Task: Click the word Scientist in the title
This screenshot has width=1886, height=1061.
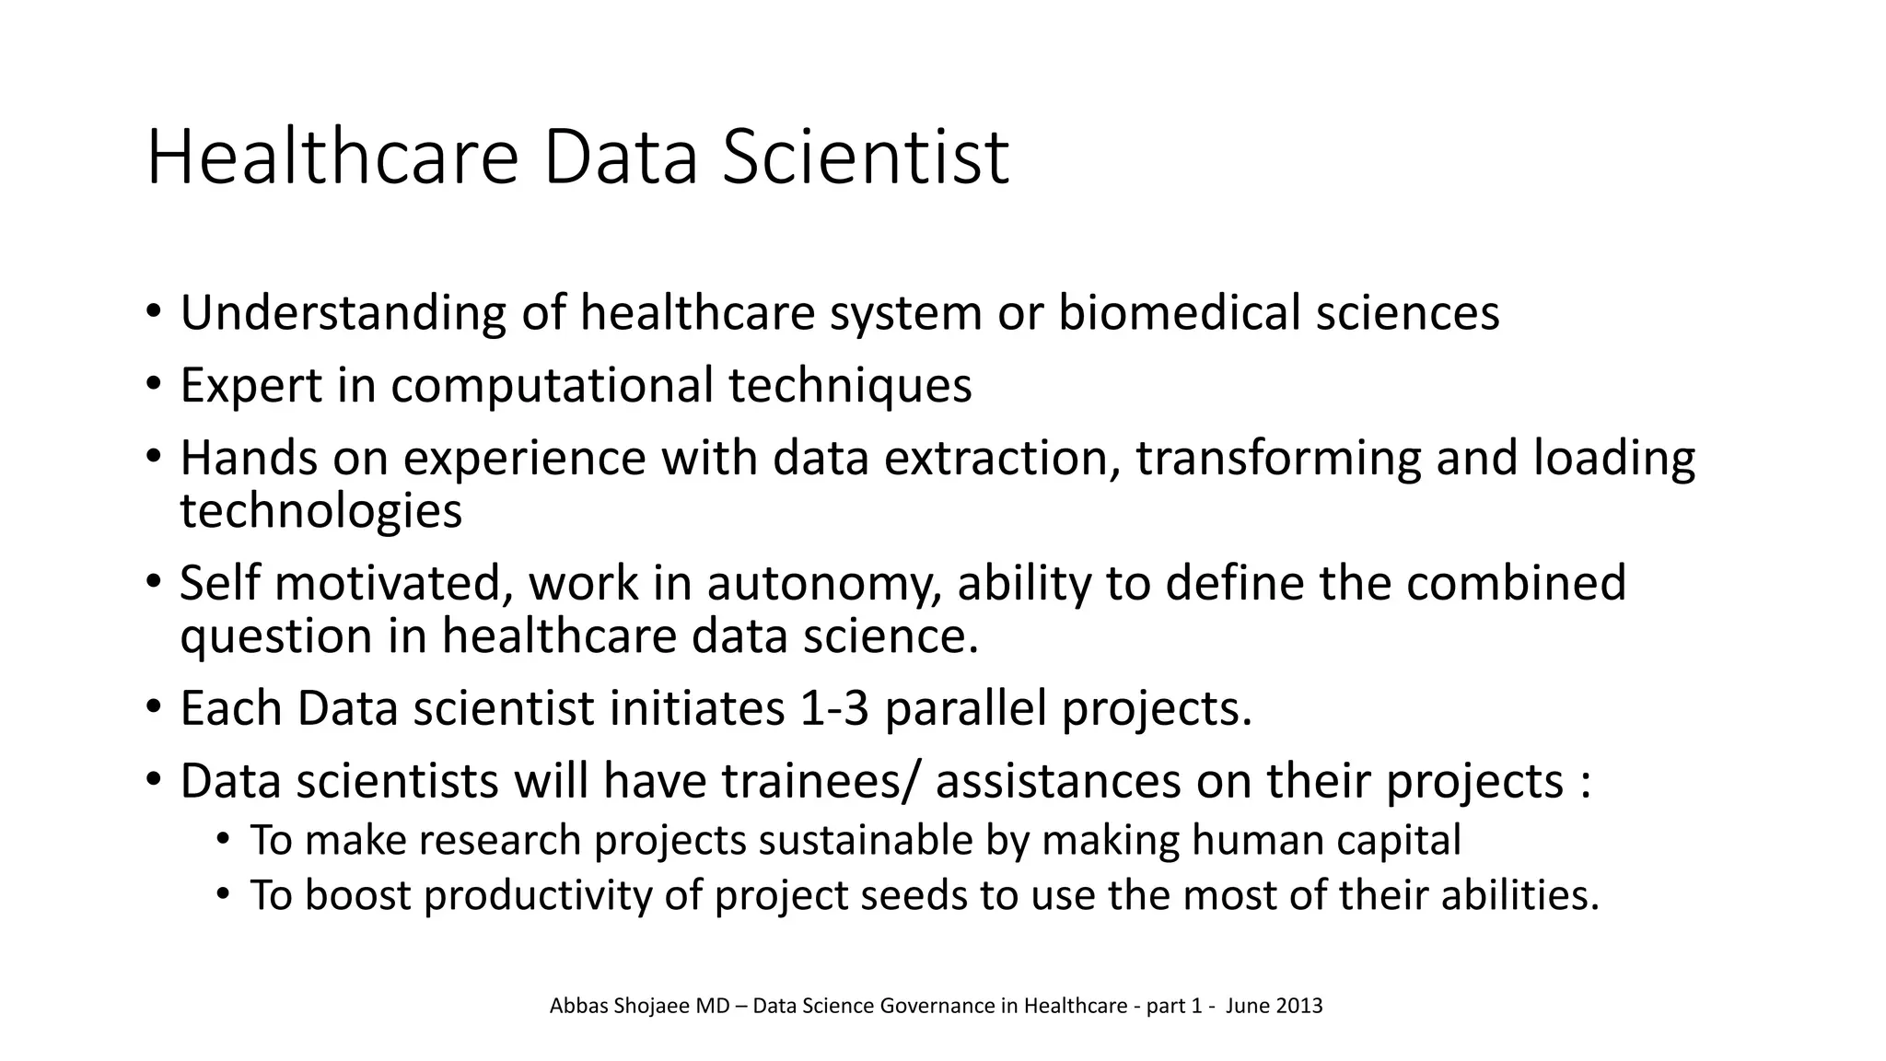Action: click(866, 158)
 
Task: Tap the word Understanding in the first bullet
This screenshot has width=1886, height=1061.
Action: click(343, 313)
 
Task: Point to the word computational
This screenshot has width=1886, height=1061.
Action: click(552, 385)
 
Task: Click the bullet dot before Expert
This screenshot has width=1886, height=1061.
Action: click(153, 384)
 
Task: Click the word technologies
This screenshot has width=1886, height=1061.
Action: click(320, 510)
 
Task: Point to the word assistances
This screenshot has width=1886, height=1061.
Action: click(1058, 781)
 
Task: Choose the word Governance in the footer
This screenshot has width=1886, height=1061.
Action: click(937, 1006)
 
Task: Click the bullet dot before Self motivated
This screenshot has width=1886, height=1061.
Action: click(153, 583)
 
